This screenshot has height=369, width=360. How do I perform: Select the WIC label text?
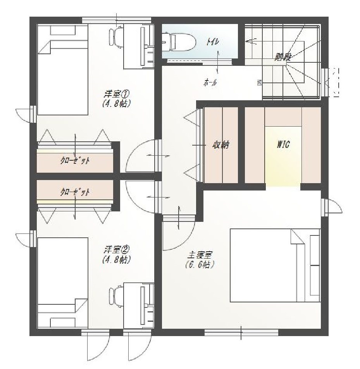(283, 144)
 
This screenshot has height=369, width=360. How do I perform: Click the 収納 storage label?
(221, 145)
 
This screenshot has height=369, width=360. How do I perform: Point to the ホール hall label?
(210, 82)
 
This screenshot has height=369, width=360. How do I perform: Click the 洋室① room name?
(116, 94)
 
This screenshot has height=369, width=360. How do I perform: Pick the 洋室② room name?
(116, 249)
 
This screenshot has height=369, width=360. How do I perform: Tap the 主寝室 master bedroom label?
(200, 256)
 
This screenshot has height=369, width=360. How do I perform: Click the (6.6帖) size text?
(200, 265)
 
